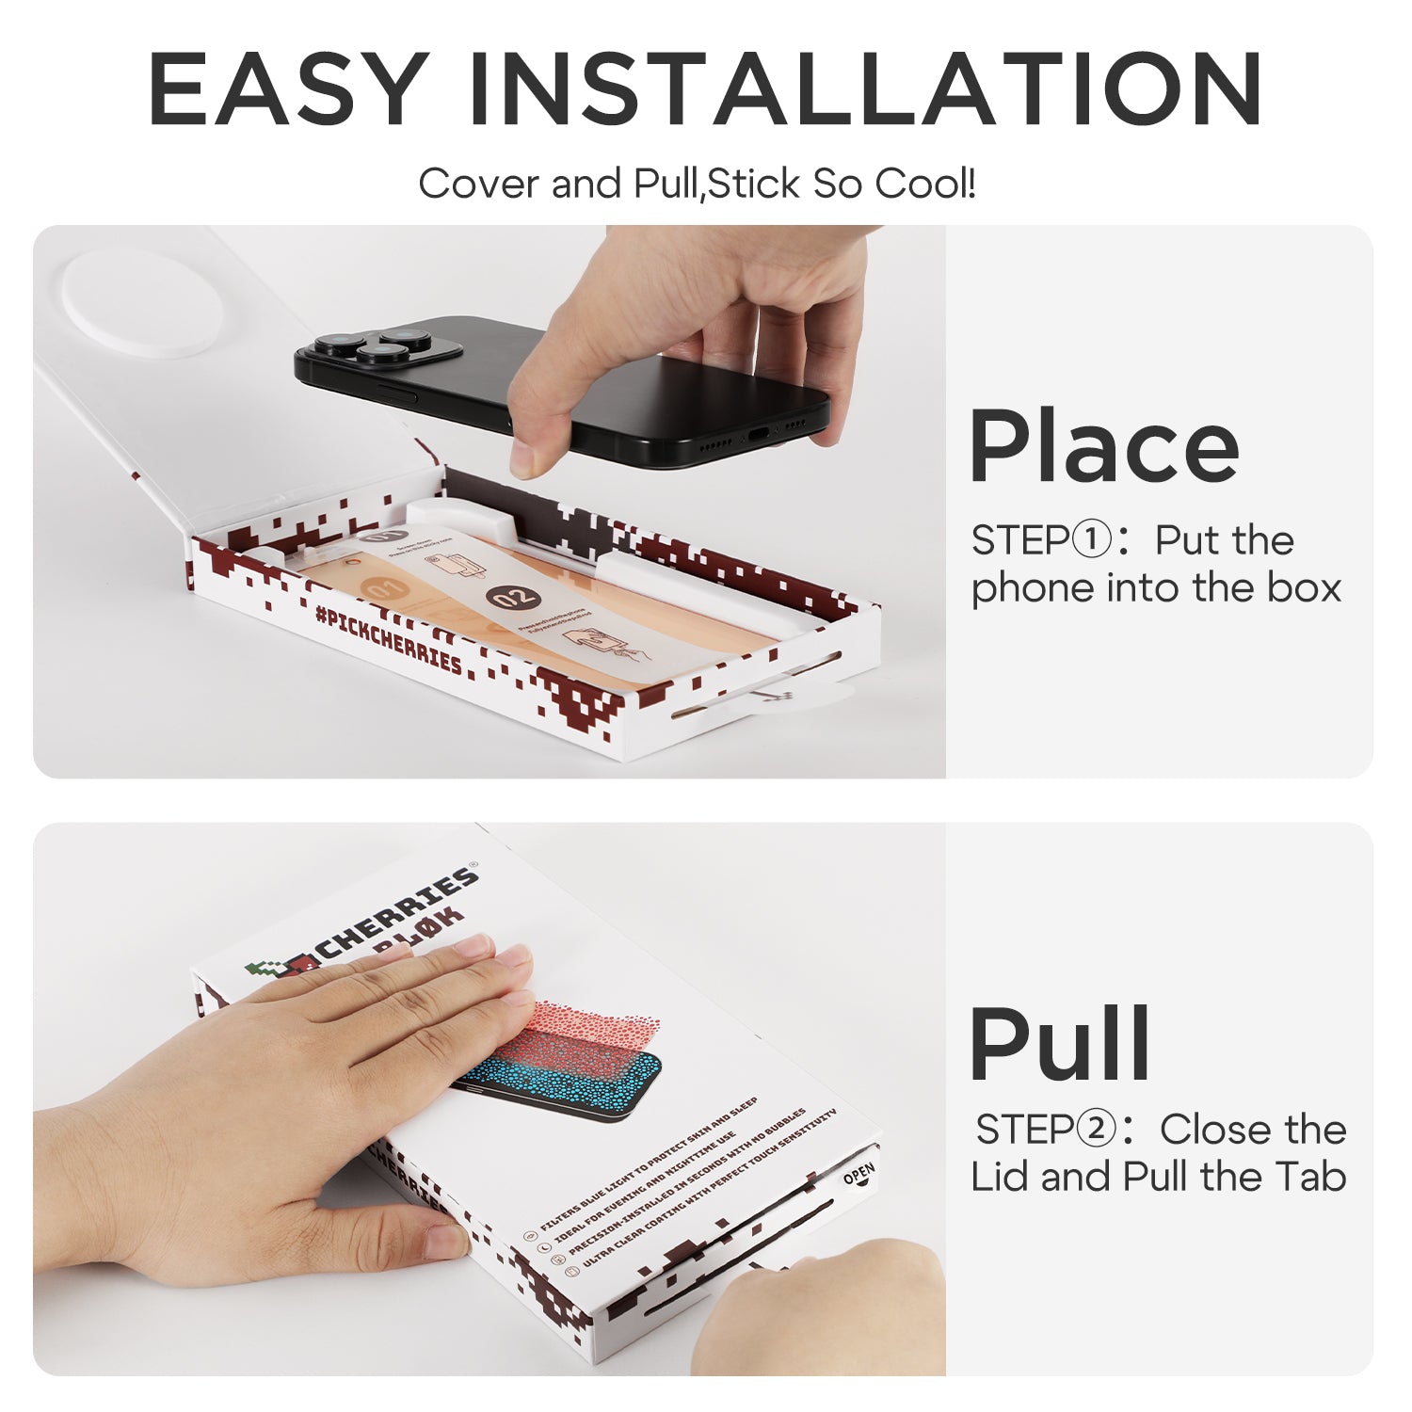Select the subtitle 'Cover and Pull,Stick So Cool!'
(698, 184)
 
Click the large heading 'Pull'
(1060, 1045)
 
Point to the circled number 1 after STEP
(1092, 540)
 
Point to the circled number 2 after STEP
(1096, 1129)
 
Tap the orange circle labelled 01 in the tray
(386, 589)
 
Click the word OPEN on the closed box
(858, 1175)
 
